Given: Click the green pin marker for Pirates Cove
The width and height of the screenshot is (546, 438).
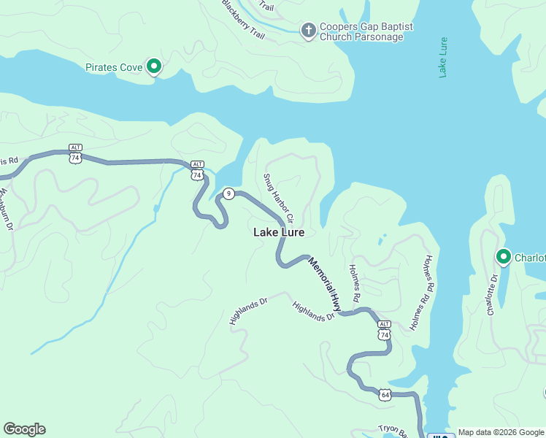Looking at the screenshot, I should (x=154, y=66).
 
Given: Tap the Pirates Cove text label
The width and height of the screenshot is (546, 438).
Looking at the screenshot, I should (x=114, y=67).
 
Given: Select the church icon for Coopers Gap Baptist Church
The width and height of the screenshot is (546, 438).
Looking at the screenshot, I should (x=308, y=30).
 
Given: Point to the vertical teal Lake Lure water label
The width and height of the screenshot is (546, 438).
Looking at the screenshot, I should (x=443, y=57).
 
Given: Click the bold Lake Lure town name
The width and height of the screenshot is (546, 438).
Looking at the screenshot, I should (x=278, y=232).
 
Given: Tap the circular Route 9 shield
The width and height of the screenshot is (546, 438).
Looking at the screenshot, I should (x=228, y=193).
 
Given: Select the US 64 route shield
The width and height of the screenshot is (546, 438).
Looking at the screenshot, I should (x=385, y=395).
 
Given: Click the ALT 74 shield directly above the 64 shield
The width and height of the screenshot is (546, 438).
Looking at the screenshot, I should (x=384, y=330).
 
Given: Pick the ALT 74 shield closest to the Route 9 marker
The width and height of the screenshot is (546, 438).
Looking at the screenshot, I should (x=197, y=171).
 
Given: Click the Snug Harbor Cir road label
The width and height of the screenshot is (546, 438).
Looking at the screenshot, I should (x=278, y=198).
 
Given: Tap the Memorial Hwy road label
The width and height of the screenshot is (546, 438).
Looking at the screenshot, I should (x=325, y=284).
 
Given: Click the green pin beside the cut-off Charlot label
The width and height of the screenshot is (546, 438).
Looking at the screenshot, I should (x=503, y=256).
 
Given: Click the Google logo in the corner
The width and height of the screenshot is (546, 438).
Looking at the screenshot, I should (x=24, y=429).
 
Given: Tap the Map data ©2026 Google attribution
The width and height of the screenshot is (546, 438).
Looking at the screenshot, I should (x=501, y=432).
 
